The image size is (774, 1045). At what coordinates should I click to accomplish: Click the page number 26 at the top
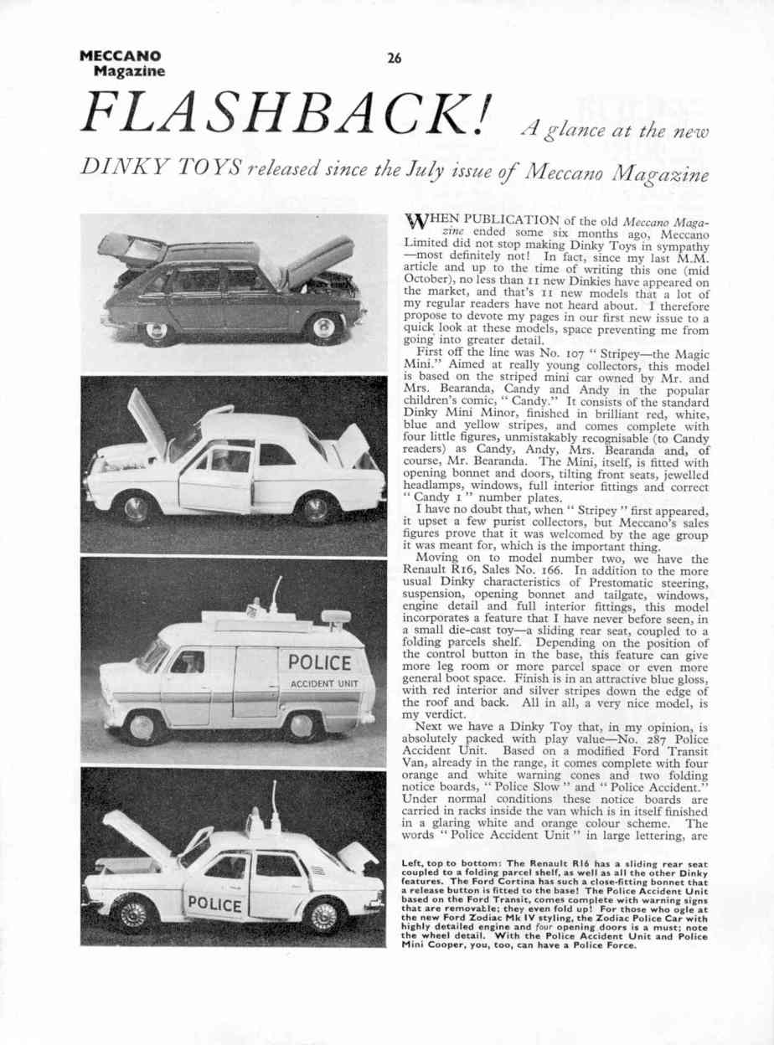click(x=394, y=58)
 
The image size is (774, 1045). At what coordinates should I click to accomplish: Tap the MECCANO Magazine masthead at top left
click(x=122, y=64)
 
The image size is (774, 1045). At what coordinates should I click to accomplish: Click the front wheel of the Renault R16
click(x=325, y=327)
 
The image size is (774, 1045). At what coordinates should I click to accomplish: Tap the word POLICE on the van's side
click(x=319, y=662)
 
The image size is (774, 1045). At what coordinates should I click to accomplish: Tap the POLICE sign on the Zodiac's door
click(x=215, y=905)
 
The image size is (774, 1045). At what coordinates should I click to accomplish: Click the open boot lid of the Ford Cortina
click(x=351, y=444)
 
